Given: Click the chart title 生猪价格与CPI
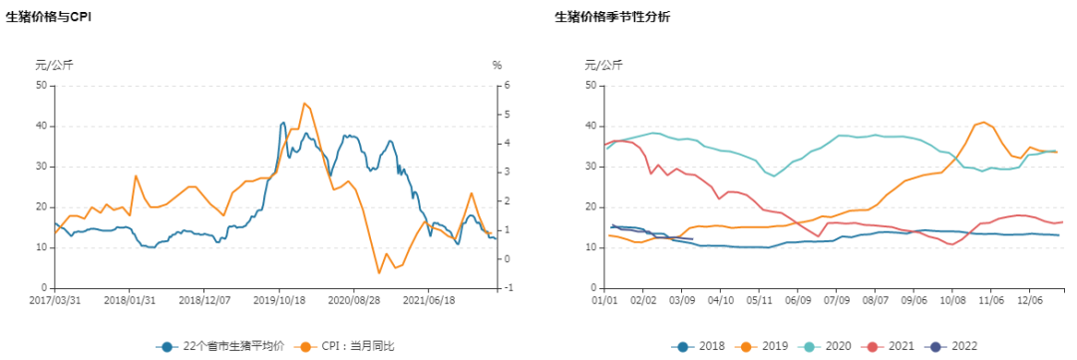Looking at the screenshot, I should [x=48, y=17].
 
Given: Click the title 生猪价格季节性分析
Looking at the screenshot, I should [x=612, y=17].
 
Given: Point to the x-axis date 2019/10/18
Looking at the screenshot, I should [x=278, y=298].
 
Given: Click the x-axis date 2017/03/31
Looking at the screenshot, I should [x=54, y=298].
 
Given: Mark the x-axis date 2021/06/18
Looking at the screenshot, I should [x=428, y=298].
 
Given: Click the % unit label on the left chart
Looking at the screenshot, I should [x=497, y=65].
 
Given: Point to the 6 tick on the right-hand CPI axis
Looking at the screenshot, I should [x=508, y=86].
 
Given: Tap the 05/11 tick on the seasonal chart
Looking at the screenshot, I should [x=760, y=298].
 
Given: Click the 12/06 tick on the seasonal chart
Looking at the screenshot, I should [x=1030, y=298].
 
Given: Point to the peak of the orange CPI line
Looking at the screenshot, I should [x=304, y=103].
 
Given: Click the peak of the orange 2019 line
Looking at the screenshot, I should [x=983, y=122].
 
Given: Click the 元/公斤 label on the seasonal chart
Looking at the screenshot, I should [x=603, y=65].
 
